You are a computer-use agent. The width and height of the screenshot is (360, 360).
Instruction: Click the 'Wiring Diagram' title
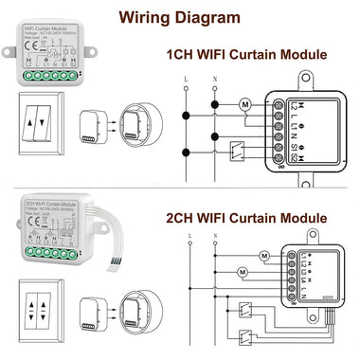(x=179, y=15)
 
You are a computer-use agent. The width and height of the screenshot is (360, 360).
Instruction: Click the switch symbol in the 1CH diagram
(x=243, y=148)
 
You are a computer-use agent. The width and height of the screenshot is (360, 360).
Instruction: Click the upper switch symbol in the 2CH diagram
(x=243, y=306)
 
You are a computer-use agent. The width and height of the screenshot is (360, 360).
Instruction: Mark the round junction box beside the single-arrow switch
(x=133, y=123)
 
